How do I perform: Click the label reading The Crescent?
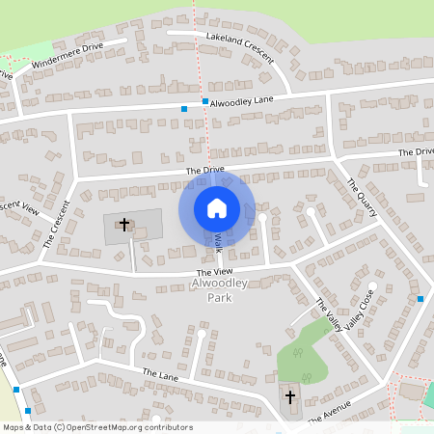coord(56,225)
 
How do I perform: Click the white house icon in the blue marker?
coord(217,207)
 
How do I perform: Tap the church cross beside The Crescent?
coord(123,225)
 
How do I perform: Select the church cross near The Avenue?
coord(291,396)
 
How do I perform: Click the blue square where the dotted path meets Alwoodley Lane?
coord(204,100)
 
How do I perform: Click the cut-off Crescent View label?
coord(19,205)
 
